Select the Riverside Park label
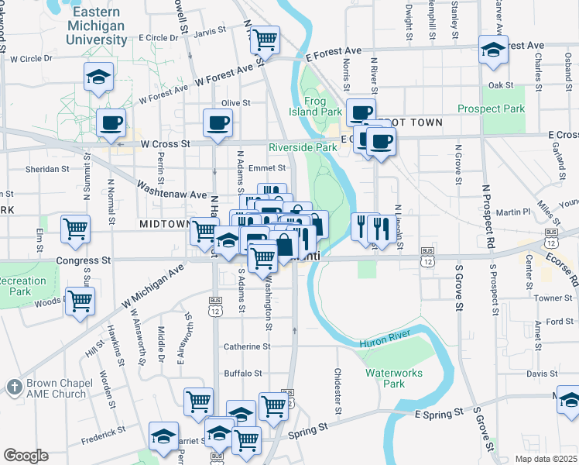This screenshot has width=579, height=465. pyautogui.click(x=303, y=147)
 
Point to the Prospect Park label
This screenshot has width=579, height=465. pyautogui.click(x=492, y=109)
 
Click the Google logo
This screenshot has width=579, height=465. pyautogui.click(x=25, y=455)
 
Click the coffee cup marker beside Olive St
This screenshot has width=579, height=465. pyautogui.click(x=218, y=122)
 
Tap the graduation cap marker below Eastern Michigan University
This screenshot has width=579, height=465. pyautogui.click(x=98, y=76)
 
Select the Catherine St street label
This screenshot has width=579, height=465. pyautogui.click(x=247, y=347)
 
